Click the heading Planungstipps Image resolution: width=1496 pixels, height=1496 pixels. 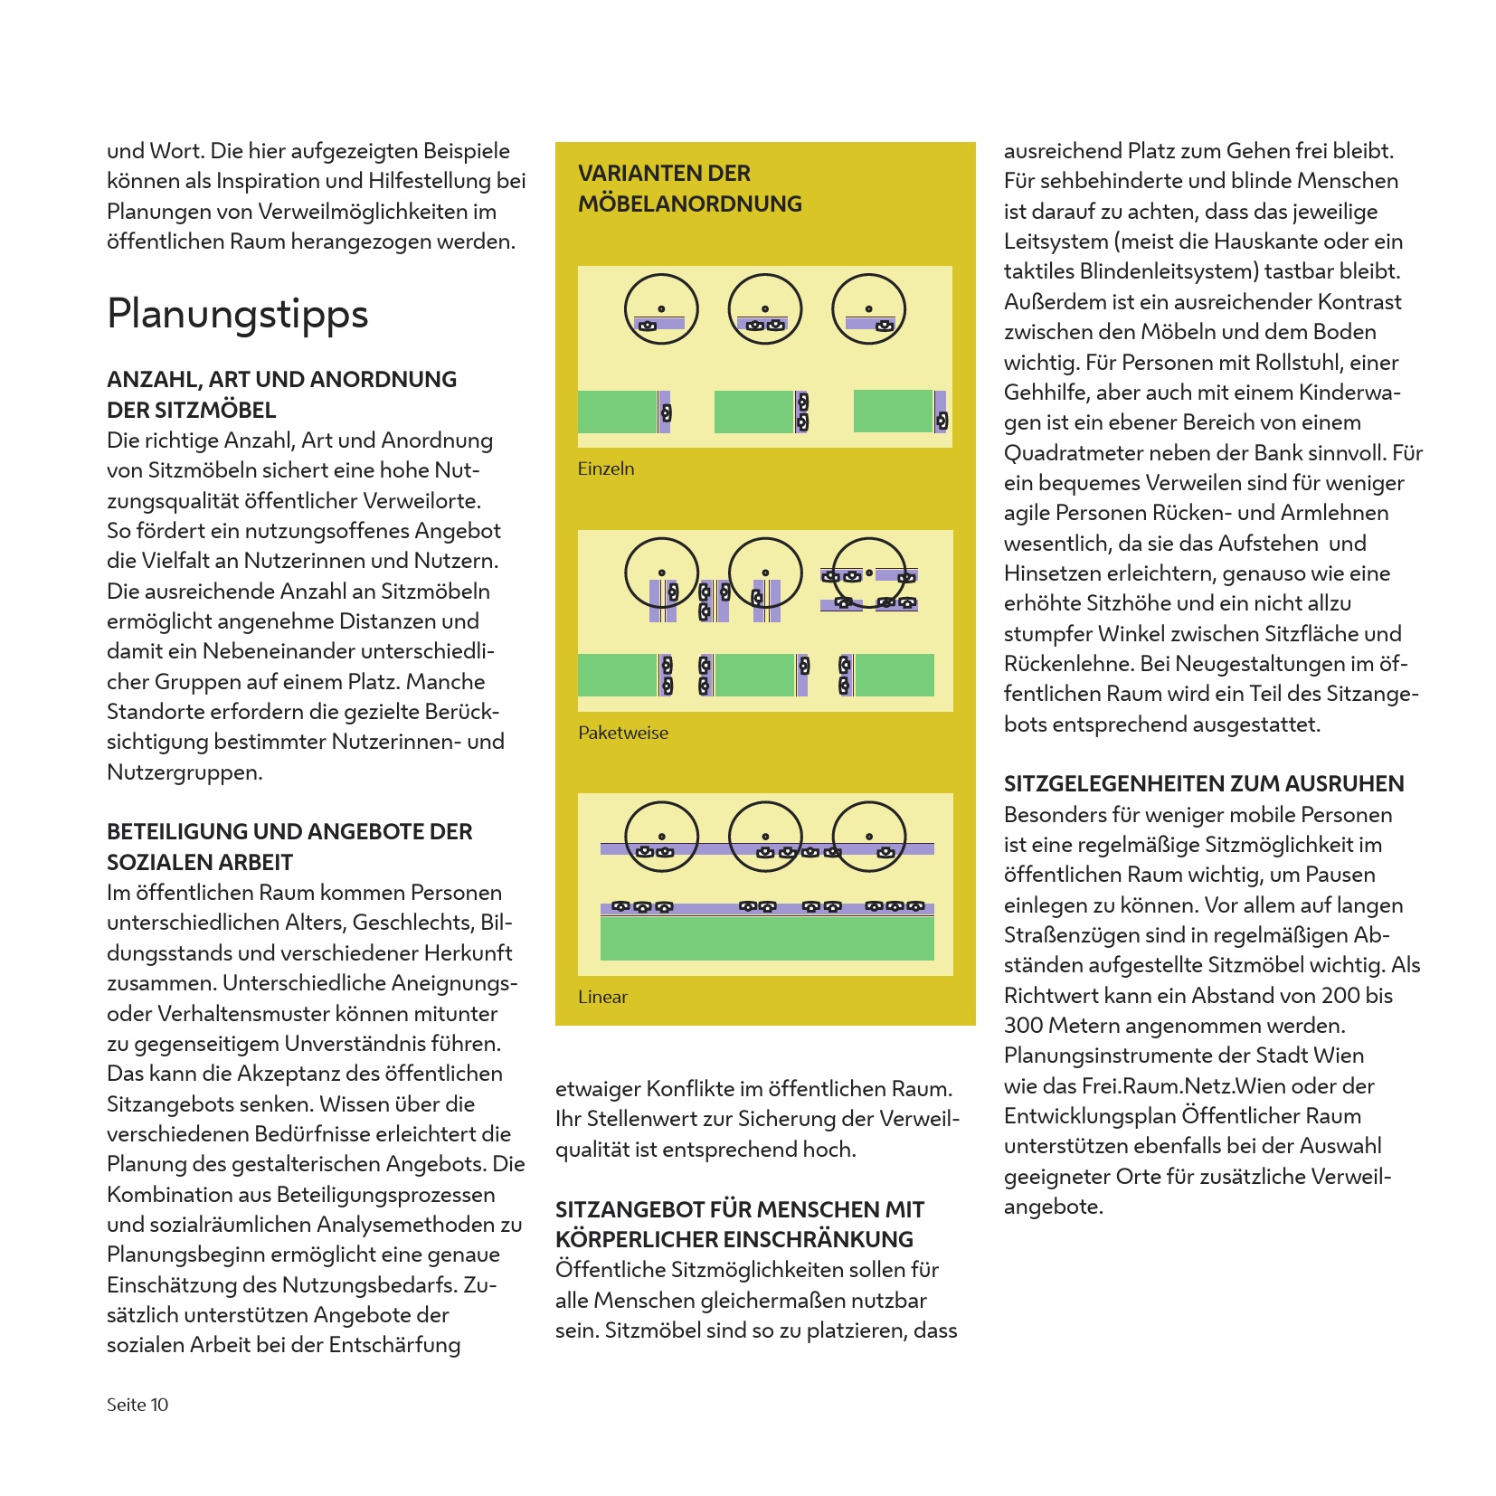(x=237, y=314)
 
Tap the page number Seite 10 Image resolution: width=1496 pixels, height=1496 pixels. (x=137, y=1404)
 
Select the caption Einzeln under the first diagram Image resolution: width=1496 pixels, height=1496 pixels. (x=606, y=469)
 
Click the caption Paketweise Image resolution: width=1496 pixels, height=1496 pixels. (x=623, y=733)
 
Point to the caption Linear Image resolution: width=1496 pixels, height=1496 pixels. (x=602, y=997)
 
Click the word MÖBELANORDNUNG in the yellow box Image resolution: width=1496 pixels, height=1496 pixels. (x=689, y=204)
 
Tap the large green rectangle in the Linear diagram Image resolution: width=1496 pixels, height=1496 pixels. (x=767, y=938)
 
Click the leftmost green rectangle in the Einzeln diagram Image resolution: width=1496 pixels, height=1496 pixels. (x=618, y=412)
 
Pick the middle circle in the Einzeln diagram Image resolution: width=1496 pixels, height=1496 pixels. (x=765, y=309)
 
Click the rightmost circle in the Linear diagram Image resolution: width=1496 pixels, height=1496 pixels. (x=868, y=837)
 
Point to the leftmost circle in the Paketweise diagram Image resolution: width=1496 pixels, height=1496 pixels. (x=661, y=573)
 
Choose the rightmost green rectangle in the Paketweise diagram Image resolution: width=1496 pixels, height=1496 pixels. (x=894, y=675)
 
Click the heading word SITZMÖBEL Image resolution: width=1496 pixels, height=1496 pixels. (x=215, y=410)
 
